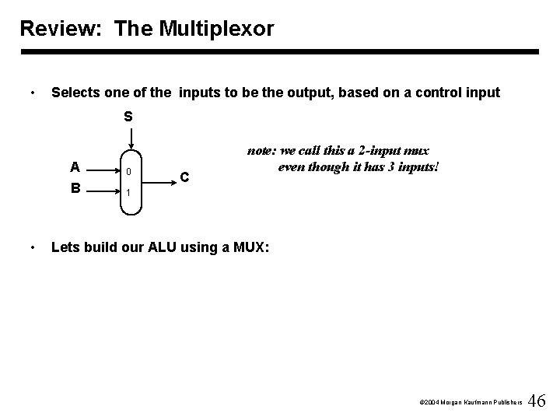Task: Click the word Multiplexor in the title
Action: click(219, 30)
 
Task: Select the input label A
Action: click(74, 166)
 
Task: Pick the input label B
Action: click(74, 187)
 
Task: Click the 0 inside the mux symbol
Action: click(130, 172)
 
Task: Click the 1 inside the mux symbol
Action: click(130, 192)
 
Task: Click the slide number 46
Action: click(537, 401)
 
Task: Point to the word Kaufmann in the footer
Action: click(471, 403)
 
